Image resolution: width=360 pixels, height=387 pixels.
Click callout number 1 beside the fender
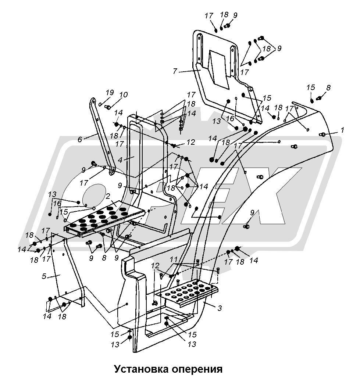pyautogui.click(x=342, y=130)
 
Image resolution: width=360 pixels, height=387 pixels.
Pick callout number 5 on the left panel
pyautogui.click(x=44, y=276)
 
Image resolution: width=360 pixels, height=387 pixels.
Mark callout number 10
pyautogui.click(x=123, y=95)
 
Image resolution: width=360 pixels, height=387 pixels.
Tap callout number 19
pyautogui.click(x=110, y=92)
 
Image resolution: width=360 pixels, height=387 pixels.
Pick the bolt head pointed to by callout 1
pyautogui.click(x=323, y=135)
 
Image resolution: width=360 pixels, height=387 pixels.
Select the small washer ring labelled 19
pyautogui.click(x=100, y=104)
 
